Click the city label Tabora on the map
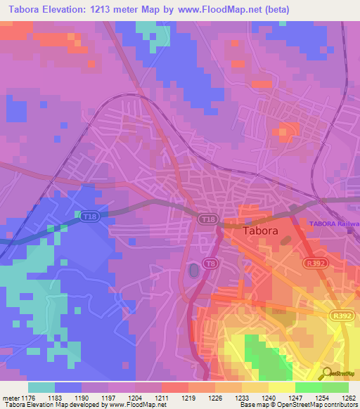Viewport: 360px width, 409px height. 260,230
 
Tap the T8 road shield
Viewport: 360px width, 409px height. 209,263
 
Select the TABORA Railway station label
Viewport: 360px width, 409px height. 334,223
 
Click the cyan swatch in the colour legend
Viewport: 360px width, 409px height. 41,387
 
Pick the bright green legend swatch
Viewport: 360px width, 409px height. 308,387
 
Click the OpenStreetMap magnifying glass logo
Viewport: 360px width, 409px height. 326,374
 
